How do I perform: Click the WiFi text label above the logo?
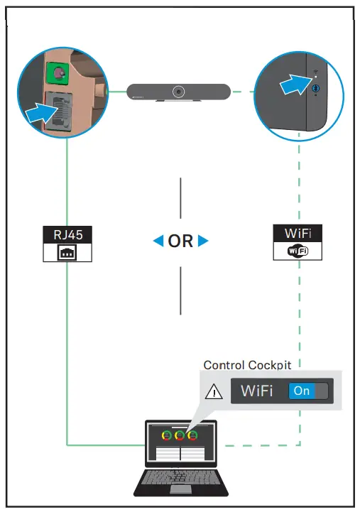[x=298, y=234]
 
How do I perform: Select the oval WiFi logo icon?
[x=298, y=251]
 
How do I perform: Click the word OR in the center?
[x=181, y=241]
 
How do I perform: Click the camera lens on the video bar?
[x=178, y=91]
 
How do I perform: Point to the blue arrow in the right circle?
[x=297, y=86]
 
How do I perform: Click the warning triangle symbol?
[x=213, y=391]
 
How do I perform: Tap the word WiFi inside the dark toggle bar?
[x=256, y=391]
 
